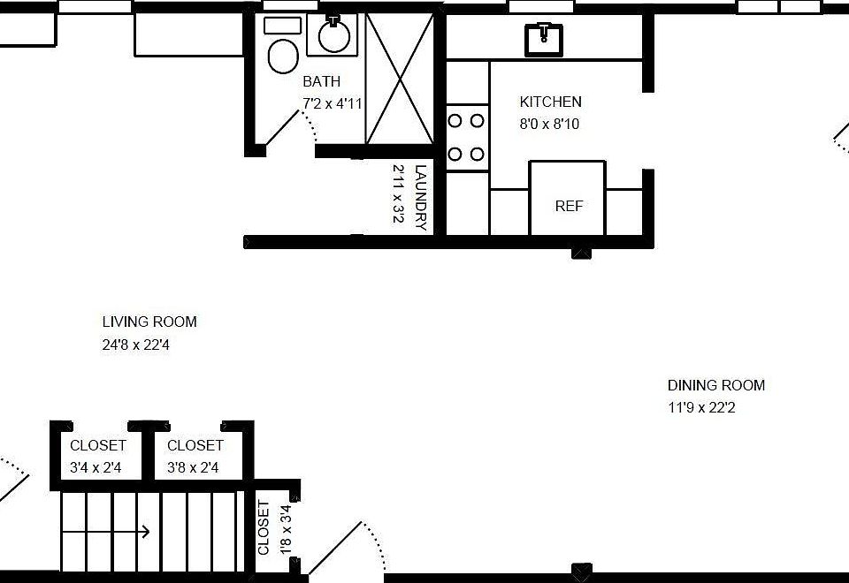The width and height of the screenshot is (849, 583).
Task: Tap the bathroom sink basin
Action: [333, 36]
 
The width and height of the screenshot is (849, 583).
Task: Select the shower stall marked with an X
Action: [400, 79]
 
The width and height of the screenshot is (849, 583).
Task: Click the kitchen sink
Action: [544, 40]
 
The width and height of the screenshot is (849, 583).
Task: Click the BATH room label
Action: [321, 82]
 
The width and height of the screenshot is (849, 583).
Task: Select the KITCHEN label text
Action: [550, 102]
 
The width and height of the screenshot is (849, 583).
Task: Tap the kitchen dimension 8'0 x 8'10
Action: [549, 125]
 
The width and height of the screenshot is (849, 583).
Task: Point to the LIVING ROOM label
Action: [149, 322]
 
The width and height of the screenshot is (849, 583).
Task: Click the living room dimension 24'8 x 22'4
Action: [135, 345]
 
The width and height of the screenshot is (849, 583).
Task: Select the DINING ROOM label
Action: [715, 385]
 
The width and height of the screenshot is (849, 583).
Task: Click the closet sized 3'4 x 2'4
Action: [98, 456]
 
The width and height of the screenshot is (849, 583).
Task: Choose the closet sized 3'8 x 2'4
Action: [195, 456]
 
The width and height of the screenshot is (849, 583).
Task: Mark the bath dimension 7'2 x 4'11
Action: [333, 104]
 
